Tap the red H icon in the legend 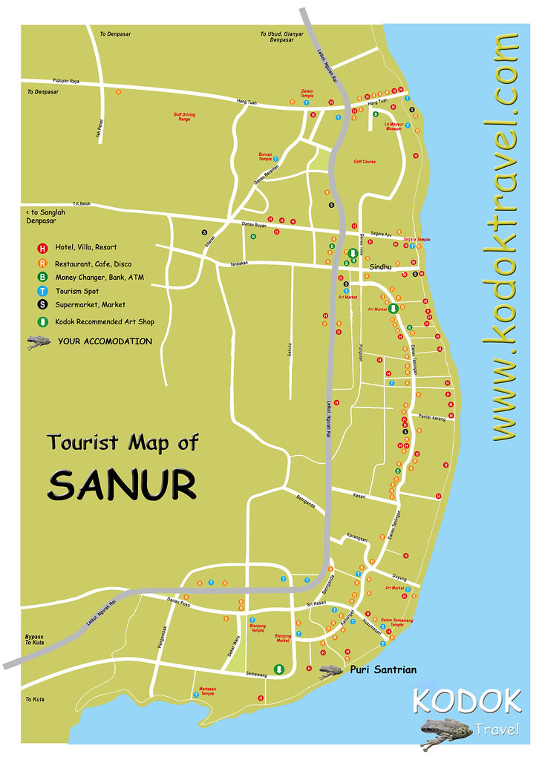coord(42,247)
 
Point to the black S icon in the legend coord(42,305)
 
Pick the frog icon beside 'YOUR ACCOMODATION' coord(38,341)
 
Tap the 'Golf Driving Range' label coord(180,117)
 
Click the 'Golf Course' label coord(365,161)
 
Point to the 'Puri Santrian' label coord(382,669)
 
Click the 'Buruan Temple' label coord(261,157)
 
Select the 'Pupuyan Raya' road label coord(65,80)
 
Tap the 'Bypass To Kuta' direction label coord(34,640)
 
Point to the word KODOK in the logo coord(466,701)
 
